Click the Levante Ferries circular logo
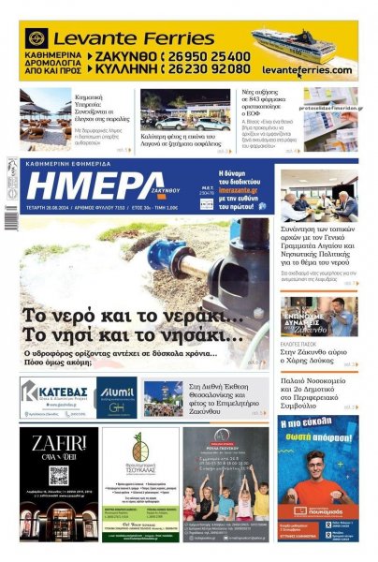(x=36, y=39)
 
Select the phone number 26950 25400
(x=209, y=55)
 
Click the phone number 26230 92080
(x=209, y=68)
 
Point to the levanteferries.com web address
(x=306, y=69)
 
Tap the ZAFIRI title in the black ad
(x=58, y=445)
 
